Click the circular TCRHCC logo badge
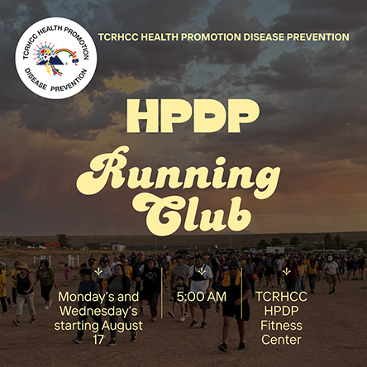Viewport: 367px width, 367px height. coord(56,58)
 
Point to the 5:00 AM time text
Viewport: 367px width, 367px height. coord(202,297)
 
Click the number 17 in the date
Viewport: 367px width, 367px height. coord(98,340)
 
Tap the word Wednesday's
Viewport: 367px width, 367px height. coord(98,311)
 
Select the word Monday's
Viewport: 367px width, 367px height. coord(82,297)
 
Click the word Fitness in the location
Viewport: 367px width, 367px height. coord(281,326)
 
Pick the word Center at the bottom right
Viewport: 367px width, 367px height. coord(281,340)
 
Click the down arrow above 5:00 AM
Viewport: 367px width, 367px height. coord(202,272)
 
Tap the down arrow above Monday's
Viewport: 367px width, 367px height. coord(98,272)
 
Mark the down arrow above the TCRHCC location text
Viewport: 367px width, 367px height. coord(287,272)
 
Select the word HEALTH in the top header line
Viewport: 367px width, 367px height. coord(160,37)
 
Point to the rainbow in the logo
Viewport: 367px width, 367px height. coord(66,53)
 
